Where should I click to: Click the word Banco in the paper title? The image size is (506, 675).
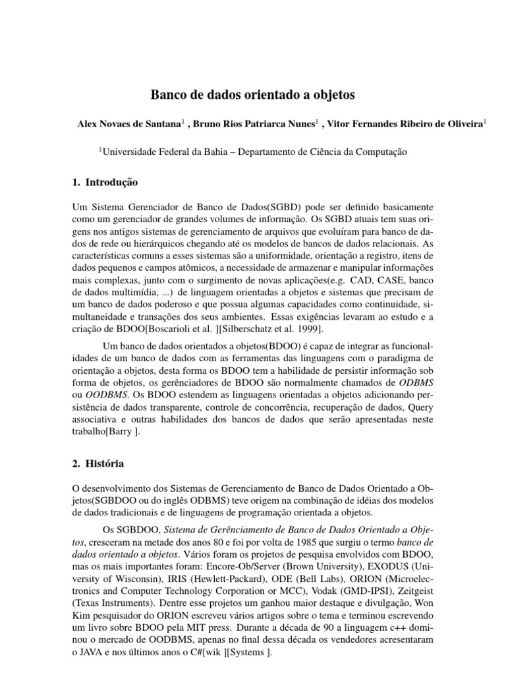point(170,95)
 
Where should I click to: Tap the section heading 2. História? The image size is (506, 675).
point(99,464)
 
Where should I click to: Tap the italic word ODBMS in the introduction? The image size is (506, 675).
point(417,382)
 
